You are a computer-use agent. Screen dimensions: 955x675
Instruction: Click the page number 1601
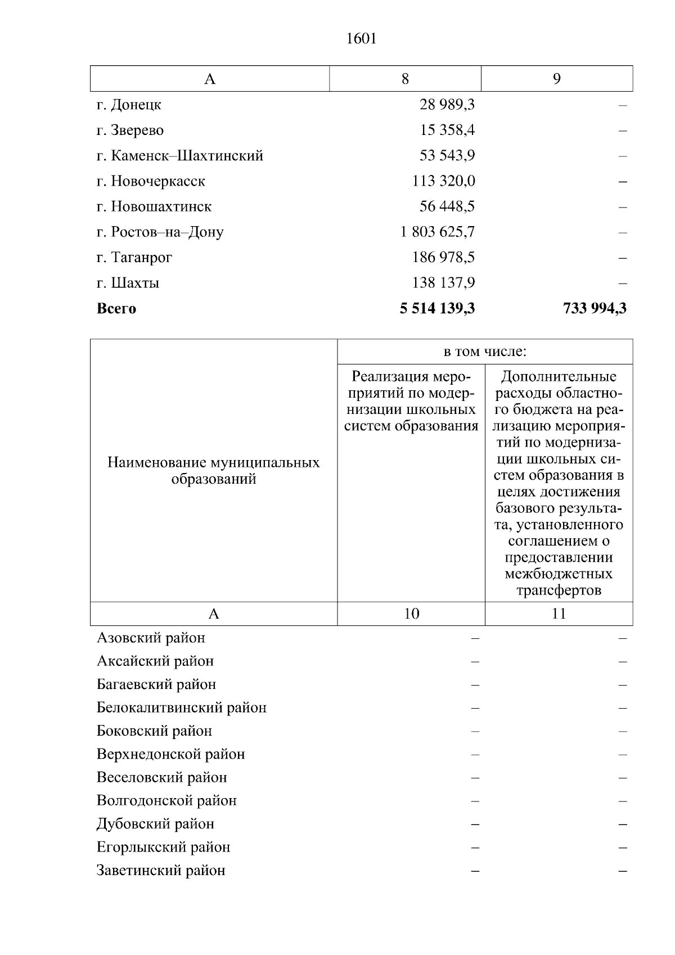tap(361, 38)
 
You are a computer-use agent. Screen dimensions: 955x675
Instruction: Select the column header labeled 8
tap(405, 79)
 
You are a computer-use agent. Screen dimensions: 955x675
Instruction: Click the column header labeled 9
tap(556, 79)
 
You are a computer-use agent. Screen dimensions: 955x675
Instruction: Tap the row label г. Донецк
tap(129, 105)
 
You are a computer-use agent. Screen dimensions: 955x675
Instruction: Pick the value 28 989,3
tap(447, 105)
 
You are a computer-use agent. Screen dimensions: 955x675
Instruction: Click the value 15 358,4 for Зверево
tap(447, 130)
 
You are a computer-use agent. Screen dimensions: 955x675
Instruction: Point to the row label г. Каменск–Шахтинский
tap(179, 156)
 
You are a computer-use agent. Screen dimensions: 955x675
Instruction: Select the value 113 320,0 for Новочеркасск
tap(443, 181)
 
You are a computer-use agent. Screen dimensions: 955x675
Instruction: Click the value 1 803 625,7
tap(437, 232)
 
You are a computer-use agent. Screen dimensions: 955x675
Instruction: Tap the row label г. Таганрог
tap(134, 258)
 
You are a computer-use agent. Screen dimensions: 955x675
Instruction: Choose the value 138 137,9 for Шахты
tap(443, 283)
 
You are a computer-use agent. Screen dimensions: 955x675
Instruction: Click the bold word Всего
tap(116, 309)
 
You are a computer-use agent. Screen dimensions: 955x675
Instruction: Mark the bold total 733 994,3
tap(594, 308)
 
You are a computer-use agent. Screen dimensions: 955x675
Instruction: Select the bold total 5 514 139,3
tap(437, 308)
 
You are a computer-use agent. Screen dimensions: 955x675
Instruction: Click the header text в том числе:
tap(484, 352)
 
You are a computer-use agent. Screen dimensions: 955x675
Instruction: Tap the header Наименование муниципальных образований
tap(213, 471)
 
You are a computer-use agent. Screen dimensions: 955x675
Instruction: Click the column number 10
tap(411, 614)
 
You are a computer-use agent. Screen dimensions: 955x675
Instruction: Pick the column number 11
tap(559, 614)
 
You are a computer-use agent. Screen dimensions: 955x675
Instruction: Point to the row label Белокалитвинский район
tap(181, 708)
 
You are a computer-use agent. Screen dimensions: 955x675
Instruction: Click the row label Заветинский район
tap(161, 871)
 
